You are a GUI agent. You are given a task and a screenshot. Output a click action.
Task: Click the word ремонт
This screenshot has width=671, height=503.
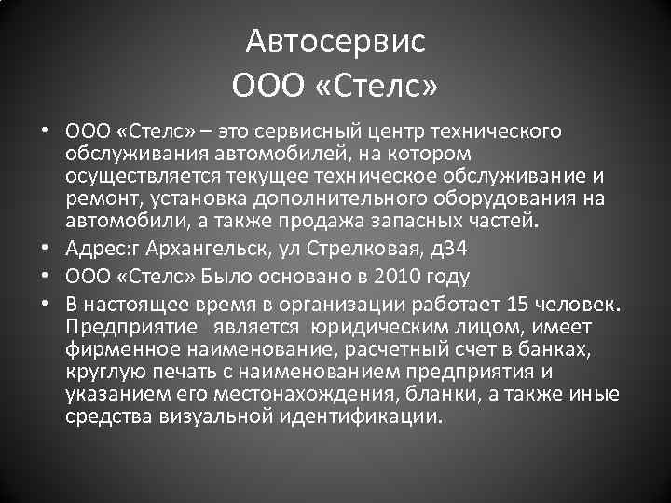pyautogui.click(x=96, y=197)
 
